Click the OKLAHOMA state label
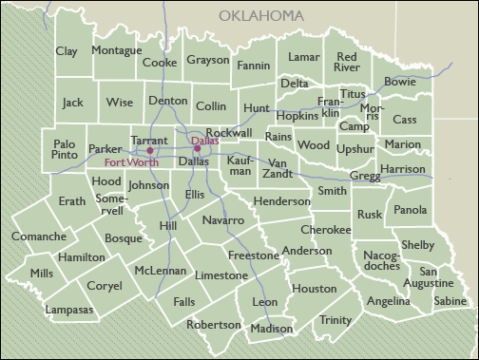(x=261, y=16)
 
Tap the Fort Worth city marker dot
(x=150, y=150)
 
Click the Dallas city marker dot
(x=197, y=148)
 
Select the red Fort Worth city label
(x=131, y=162)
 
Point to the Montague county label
(x=117, y=49)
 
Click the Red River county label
(x=347, y=63)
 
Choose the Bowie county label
(x=399, y=83)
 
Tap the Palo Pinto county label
(x=65, y=147)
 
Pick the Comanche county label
(x=39, y=236)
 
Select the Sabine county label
(x=450, y=301)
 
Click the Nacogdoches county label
(x=381, y=260)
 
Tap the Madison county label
(x=273, y=329)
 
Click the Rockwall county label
(x=229, y=132)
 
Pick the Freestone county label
(x=253, y=255)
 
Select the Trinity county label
(x=335, y=320)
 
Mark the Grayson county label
(x=207, y=60)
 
